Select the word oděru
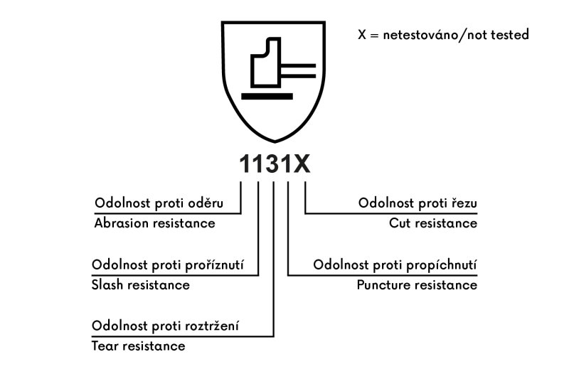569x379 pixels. tap(206, 203)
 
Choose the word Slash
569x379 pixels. tap(107, 285)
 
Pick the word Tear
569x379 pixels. tap(105, 346)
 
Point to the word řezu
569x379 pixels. tap(464, 203)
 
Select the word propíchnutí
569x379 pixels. tap(442, 265)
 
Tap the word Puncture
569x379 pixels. tap(383, 285)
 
